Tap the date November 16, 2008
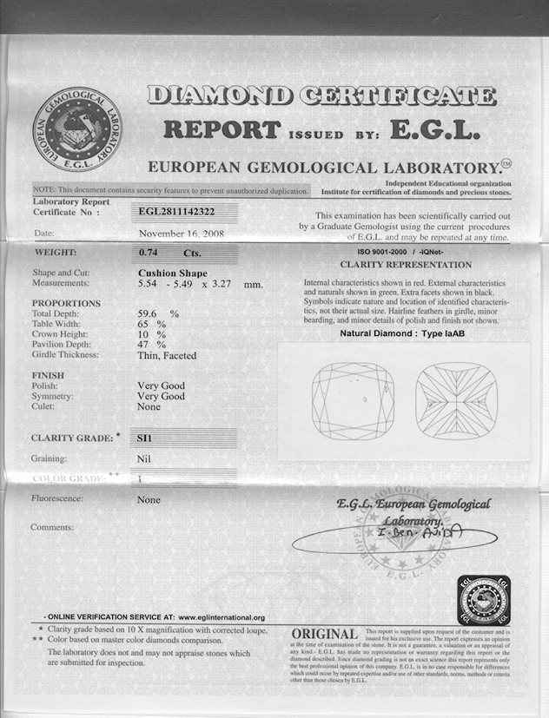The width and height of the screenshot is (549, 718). tap(181, 234)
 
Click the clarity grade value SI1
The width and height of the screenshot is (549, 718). tap(143, 438)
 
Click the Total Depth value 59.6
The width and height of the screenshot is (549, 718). tap(149, 313)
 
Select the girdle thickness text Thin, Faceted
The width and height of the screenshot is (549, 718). tap(167, 355)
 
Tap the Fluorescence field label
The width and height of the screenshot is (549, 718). tap(57, 499)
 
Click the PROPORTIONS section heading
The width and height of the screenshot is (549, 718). tap(66, 303)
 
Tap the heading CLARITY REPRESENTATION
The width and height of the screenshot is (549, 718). tap(406, 264)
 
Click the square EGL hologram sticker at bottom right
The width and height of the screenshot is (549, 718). tap(484, 599)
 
